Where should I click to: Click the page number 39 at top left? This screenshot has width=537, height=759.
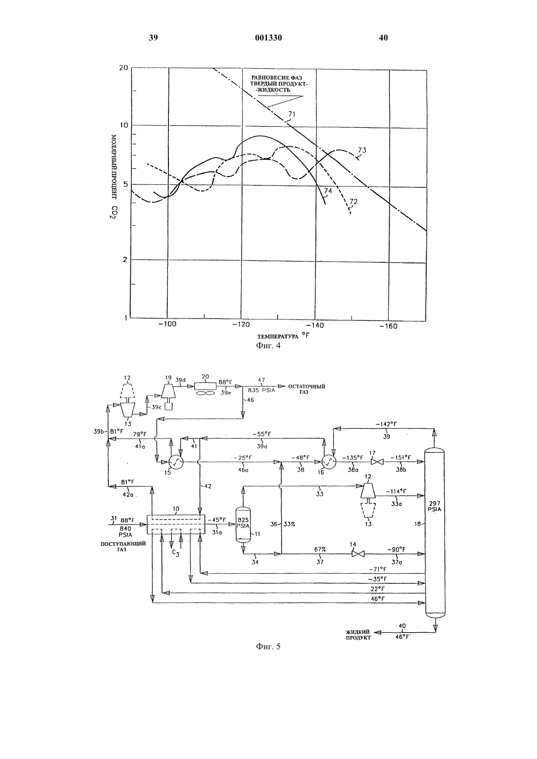point(153,38)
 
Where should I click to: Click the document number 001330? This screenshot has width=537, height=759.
point(268,38)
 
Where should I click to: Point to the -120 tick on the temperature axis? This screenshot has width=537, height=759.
point(241,324)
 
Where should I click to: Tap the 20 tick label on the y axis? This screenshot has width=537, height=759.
point(124,68)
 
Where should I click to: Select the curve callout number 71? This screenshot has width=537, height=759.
point(291,114)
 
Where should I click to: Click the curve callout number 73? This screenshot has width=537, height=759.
point(362,150)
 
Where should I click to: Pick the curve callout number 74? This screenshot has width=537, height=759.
point(328,191)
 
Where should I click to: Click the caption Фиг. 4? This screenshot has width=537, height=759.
point(268,346)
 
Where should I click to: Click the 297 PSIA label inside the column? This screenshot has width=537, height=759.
point(434,506)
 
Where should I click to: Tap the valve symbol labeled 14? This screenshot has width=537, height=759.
point(358,554)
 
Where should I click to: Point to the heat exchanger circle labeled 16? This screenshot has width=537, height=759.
point(328,461)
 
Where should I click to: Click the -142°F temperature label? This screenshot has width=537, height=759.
point(386,424)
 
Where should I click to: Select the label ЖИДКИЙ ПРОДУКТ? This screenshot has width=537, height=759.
point(358,635)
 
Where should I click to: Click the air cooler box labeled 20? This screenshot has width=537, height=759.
point(205,386)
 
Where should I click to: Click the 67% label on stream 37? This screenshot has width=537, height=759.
point(320,550)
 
